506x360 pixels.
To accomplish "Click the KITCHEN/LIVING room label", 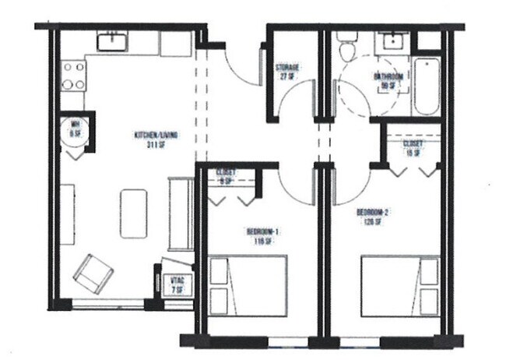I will pos(156,138).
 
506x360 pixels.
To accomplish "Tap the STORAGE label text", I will pos(287,72).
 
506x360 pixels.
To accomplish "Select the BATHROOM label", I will pos(388,80).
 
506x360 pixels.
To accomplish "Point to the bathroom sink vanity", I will pos(392,43).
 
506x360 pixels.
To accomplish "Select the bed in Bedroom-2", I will pos(400,286).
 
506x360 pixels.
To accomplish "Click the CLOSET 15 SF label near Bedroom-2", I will pos(413,148).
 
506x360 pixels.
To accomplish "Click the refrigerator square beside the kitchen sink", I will pos(174,44).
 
